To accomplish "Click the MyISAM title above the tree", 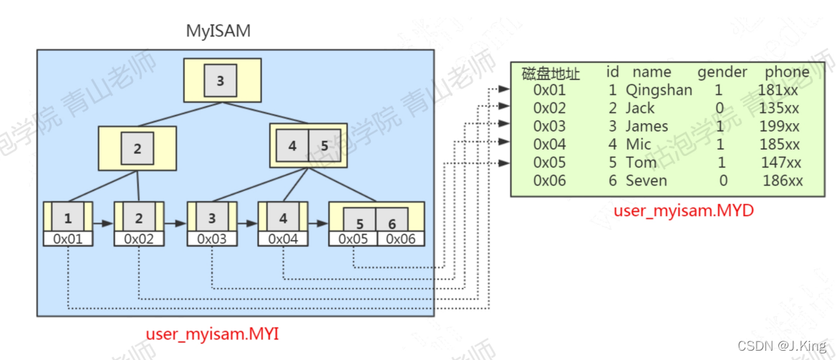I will (218, 31).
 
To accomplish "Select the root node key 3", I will (220, 81).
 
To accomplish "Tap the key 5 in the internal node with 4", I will (324, 146).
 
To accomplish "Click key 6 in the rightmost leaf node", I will (392, 223).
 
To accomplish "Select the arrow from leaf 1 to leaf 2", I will (103, 223).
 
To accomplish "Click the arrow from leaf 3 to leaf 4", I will (247, 223).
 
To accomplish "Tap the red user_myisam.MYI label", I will (213, 334).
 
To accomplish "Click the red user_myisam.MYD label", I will (683, 211).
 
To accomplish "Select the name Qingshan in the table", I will (659, 90).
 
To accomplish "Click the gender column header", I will (722, 72).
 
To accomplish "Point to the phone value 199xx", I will (779, 127).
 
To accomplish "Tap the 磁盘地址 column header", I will (551, 74).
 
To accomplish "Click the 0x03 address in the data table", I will (549, 127).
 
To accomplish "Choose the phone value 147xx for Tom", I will (780, 162).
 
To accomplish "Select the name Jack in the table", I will (640, 108).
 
